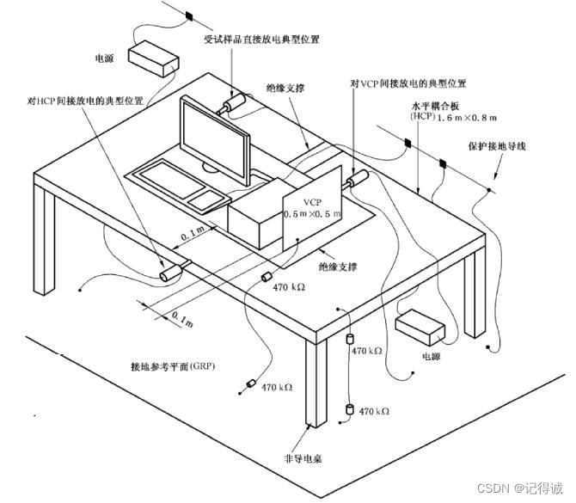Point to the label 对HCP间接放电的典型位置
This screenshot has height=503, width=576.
pos(84,101)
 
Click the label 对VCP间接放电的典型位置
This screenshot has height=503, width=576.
pos(408,84)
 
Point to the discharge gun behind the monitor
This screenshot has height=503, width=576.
pos(233,104)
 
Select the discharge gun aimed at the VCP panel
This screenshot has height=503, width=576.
pos(357,180)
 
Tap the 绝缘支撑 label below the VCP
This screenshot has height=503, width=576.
pos(338,267)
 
